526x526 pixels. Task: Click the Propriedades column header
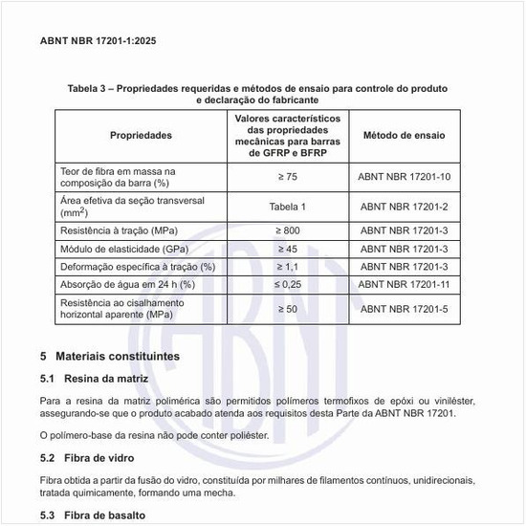[x=141, y=136]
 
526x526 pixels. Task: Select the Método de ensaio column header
[x=403, y=136]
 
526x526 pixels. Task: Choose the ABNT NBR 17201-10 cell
[x=403, y=177]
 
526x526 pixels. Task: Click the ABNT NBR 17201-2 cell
[x=403, y=206]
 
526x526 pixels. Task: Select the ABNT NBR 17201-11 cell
[x=403, y=284]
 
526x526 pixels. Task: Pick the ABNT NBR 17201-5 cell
[x=403, y=309]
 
